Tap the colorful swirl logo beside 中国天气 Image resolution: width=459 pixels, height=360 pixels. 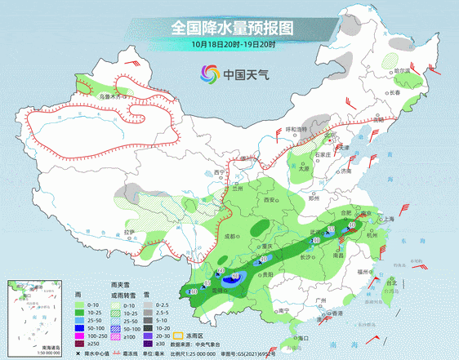pos(207,75)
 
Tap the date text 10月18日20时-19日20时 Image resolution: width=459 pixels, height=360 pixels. pos(234,43)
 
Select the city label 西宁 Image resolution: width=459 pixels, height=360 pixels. pos(219,173)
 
